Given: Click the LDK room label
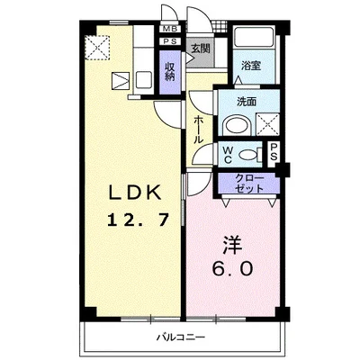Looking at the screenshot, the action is [x=135, y=193].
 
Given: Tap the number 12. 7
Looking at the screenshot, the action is [x=138, y=219].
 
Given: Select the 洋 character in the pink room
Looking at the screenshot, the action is [x=232, y=245].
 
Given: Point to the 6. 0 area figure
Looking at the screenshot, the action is [x=232, y=268].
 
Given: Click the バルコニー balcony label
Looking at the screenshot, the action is [x=181, y=337].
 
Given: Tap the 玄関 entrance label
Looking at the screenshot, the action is [x=200, y=49].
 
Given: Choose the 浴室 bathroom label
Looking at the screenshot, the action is [x=251, y=66].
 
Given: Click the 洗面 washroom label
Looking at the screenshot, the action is [x=247, y=102].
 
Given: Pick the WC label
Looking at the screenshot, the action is [x=228, y=154].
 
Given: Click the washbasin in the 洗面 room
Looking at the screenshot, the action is [x=238, y=126].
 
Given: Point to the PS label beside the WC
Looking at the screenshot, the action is [x=274, y=152].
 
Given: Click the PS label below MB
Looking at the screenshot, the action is [x=171, y=41].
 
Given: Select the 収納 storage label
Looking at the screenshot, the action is [x=170, y=72].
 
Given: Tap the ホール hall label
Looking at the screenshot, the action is [x=198, y=130].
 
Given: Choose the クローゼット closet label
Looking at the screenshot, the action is [x=249, y=183].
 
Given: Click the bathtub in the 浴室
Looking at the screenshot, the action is [x=254, y=37].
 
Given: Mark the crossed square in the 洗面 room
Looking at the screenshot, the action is [x=267, y=125].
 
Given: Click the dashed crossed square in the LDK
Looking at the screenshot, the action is [x=97, y=48].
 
